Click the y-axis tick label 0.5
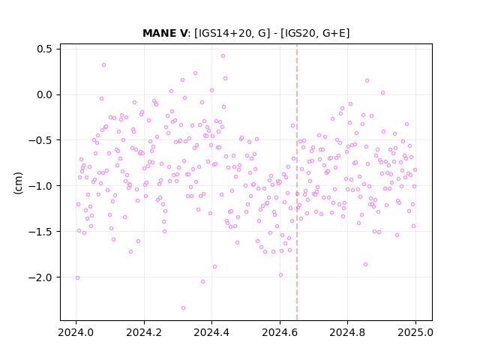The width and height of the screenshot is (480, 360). point(45,49)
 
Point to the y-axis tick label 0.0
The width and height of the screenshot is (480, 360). point(45,95)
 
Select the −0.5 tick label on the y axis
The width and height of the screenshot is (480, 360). point(41,140)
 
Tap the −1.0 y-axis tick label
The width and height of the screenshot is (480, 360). point(41,186)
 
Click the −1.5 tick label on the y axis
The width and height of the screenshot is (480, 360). point(41,232)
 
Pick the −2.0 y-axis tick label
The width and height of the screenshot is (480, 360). point(41,277)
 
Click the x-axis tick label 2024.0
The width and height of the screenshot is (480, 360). point(76,332)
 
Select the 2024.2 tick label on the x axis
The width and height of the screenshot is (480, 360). point(144,332)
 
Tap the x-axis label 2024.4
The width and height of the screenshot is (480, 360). point(211,332)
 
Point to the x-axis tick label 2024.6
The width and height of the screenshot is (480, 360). point(280,332)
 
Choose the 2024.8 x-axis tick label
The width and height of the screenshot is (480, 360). point(347,332)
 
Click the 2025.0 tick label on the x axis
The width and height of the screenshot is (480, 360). point(415,332)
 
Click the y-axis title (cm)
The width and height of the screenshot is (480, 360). point(18,183)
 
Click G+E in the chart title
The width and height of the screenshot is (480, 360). point(334,33)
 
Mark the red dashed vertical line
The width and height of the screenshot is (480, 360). point(297,182)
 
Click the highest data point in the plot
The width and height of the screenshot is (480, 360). point(223,56)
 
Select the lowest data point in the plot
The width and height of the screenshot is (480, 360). point(183,308)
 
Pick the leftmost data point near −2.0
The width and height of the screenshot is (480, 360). point(77,278)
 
